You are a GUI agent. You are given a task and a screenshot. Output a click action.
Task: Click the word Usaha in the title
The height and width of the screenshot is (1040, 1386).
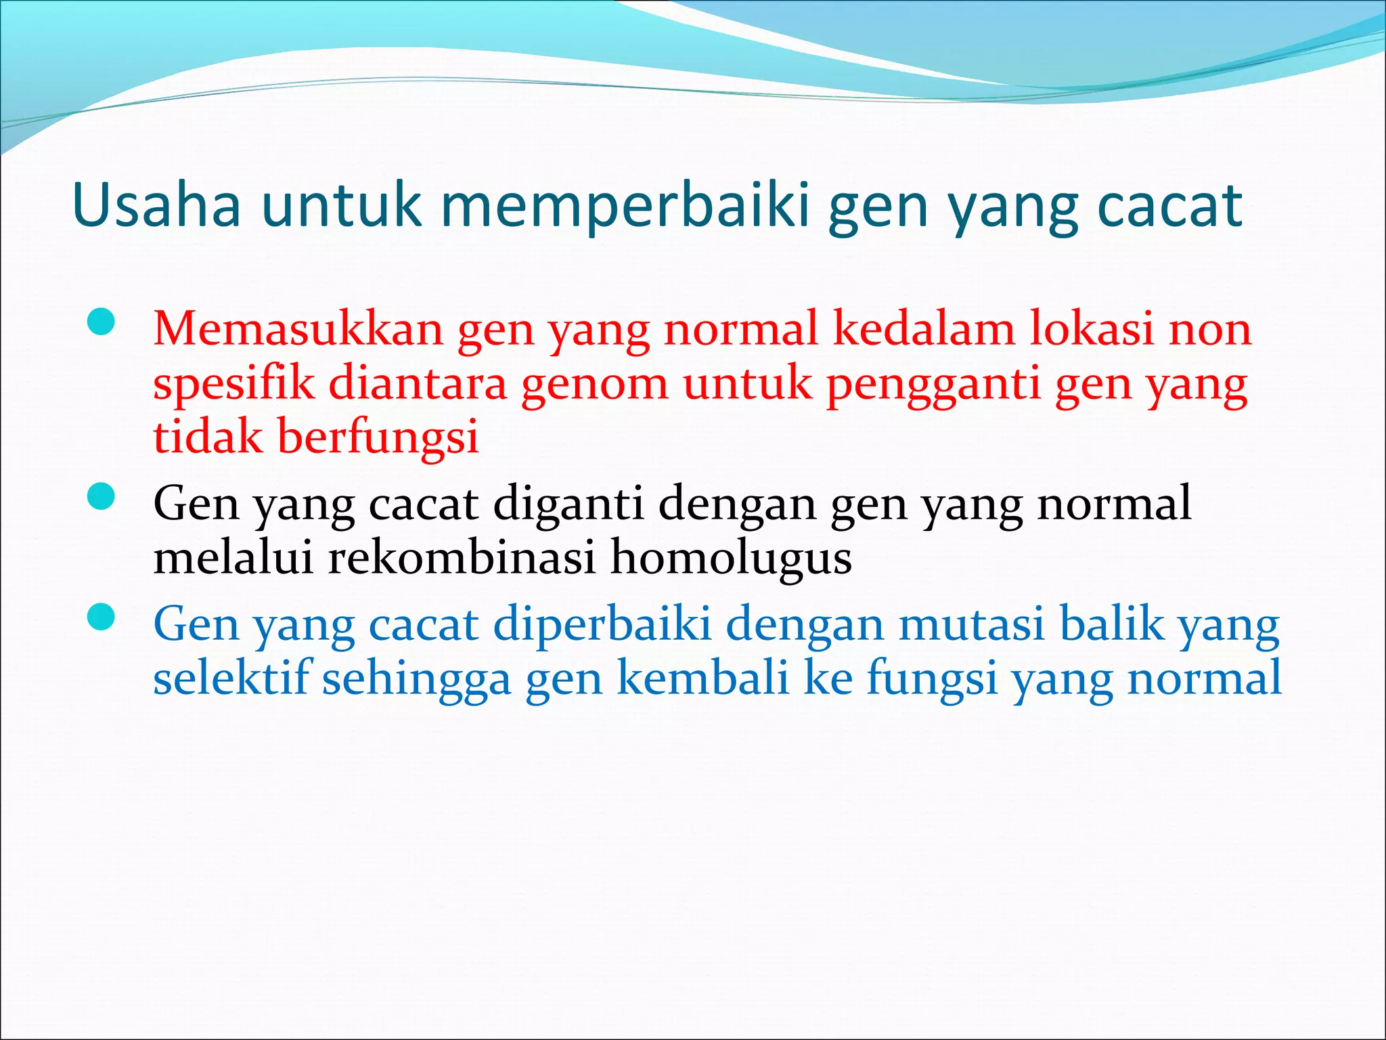(156, 205)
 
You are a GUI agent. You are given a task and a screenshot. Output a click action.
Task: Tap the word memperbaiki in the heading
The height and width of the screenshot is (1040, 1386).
(625, 205)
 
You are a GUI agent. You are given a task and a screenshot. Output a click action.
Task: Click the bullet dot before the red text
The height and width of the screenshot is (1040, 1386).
(101, 322)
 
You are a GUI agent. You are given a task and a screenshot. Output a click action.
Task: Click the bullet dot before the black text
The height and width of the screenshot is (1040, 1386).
(101, 497)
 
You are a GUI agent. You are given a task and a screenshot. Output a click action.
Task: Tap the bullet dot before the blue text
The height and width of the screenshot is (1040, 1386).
(101, 617)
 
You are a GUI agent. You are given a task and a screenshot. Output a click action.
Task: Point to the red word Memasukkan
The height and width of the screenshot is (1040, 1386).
(298, 329)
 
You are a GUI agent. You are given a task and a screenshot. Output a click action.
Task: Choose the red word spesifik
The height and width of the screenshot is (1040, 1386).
(233, 383)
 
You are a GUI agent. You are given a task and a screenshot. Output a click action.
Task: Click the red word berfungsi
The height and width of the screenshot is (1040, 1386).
(378, 437)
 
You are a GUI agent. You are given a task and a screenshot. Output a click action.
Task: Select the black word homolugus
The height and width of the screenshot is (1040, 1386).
(731, 559)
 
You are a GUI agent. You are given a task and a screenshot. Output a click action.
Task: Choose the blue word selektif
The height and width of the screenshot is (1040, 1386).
(231, 678)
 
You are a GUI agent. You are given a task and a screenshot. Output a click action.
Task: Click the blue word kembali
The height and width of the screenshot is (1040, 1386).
(703, 678)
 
